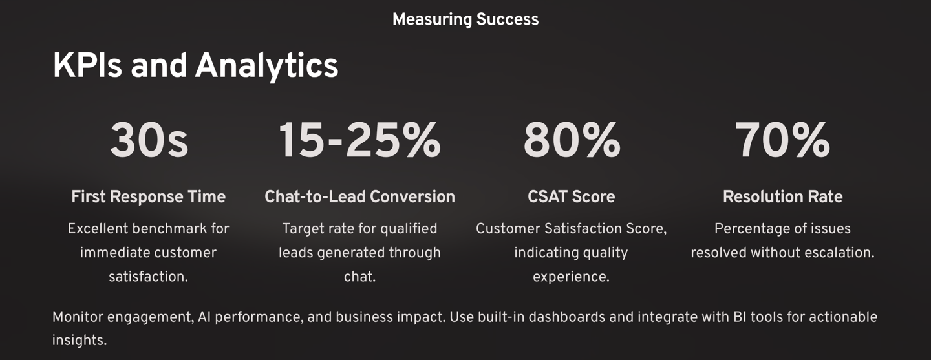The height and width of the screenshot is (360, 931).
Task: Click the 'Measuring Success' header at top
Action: pos(465,19)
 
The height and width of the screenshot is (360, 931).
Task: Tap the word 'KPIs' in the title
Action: pos(87,66)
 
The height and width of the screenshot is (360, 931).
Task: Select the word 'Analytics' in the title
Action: pos(266,67)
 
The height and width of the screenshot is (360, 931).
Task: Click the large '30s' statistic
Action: pos(149,140)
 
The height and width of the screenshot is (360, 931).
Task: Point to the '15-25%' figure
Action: pos(359,140)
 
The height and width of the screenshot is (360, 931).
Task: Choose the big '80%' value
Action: pos(572,140)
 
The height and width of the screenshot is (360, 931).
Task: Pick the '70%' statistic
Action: pos(782,140)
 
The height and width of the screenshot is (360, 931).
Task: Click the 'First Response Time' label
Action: pos(149,196)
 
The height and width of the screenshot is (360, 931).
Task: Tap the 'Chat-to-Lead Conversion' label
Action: pos(360,196)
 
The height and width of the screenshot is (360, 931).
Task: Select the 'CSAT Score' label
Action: pos(572,196)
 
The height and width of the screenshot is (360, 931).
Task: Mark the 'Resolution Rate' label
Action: pos(782,196)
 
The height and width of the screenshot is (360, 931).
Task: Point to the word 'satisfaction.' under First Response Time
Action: pos(149,277)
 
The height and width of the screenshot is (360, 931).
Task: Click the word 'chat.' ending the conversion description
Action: pos(360,277)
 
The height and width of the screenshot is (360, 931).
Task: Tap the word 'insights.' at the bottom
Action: pos(80,341)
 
